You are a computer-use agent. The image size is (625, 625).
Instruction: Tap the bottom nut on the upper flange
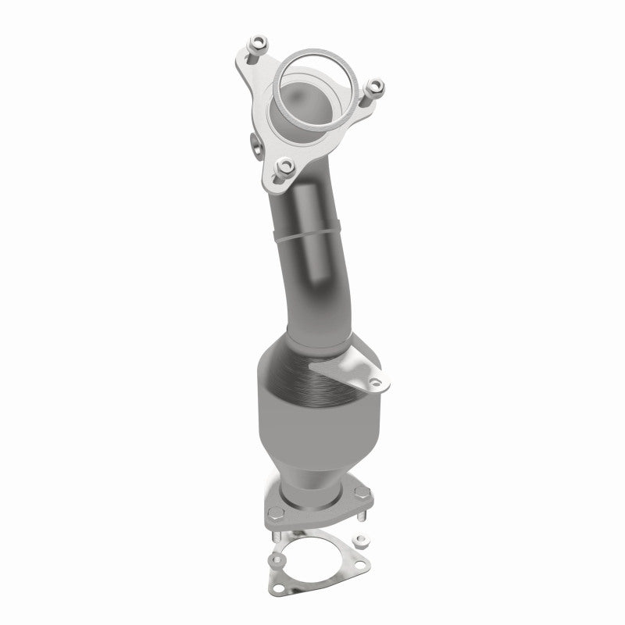pos(286,165)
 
